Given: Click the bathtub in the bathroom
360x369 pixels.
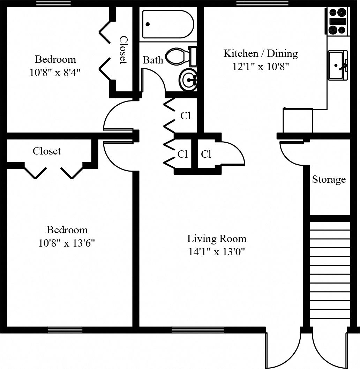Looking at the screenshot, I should click(x=168, y=24).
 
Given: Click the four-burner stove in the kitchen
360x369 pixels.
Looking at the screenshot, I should click(x=338, y=21).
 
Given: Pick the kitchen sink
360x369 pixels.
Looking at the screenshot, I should click(x=337, y=65).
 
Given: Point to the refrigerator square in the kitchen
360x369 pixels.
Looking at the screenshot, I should click(x=298, y=121).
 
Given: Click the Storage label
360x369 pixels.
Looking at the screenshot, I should click(x=329, y=180).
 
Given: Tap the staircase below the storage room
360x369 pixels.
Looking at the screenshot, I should click(x=330, y=272).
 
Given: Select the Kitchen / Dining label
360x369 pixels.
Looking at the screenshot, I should click(x=261, y=54).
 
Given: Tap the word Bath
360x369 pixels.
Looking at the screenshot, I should click(x=153, y=60).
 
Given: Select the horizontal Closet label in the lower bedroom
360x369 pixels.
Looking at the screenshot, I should click(x=47, y=151).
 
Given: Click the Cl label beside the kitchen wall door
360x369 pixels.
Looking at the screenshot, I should click(x=206, y=154).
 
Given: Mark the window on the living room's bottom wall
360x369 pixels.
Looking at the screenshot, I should click(x=198, y=330).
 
